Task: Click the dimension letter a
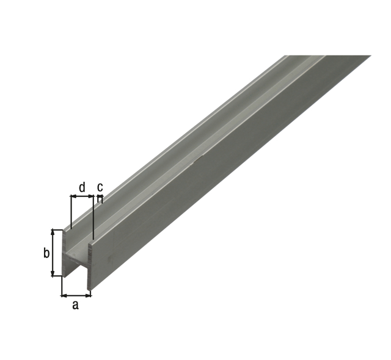coord(76,305)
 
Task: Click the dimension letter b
coord(46,253)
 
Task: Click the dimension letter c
coord(100,186)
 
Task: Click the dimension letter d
coord(82,185)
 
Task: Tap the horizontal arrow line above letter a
coord(76,295)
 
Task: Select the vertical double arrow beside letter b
coord(54,253)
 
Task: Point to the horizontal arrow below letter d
coord(82,196)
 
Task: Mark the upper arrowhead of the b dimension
coord(54,232)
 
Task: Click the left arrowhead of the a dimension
coord(62,295)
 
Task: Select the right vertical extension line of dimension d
coord(93,217)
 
